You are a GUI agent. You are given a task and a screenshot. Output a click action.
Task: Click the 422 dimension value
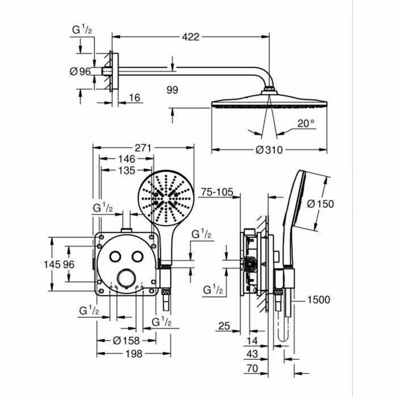point(191,37)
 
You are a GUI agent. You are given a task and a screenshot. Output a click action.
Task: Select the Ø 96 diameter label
point(81,71)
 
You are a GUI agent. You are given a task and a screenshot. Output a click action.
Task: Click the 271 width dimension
point(143,148)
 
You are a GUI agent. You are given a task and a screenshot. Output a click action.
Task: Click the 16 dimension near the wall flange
point(135,98)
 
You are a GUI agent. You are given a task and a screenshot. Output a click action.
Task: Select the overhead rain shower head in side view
point(270,103)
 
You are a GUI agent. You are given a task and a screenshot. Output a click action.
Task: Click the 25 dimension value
point(223,327)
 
